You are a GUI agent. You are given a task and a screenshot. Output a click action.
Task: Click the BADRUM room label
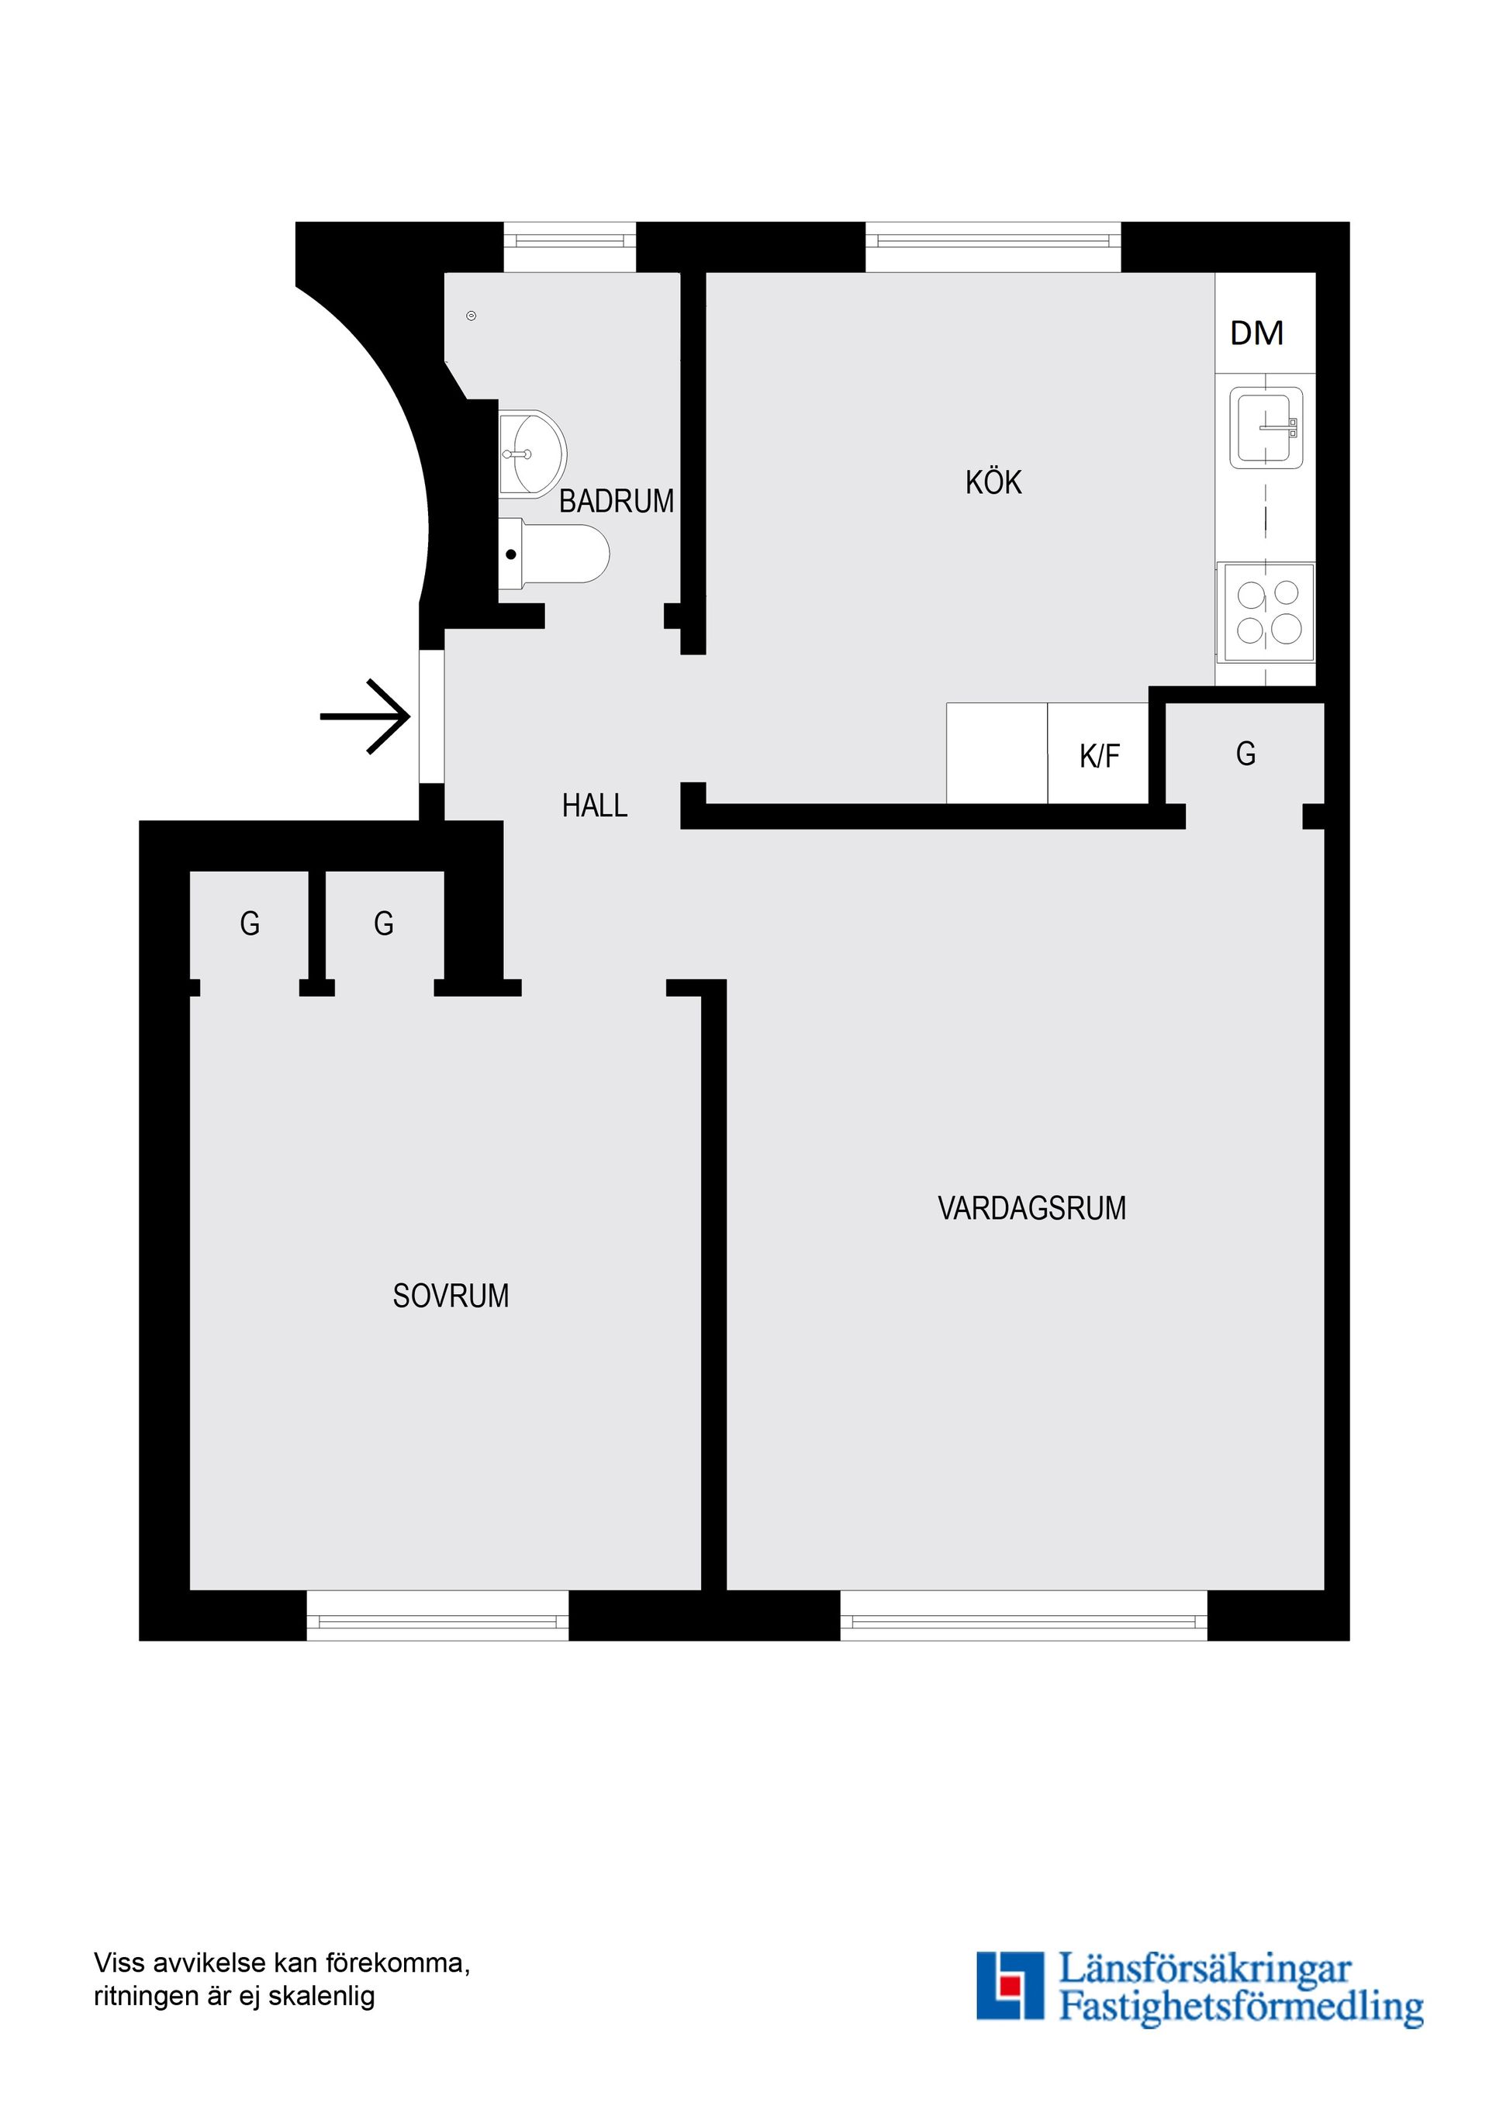616,501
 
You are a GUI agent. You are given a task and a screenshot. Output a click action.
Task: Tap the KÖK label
993,482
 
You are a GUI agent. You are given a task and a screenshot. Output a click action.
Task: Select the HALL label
595,806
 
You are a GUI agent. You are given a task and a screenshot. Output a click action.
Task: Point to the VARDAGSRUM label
1031,1208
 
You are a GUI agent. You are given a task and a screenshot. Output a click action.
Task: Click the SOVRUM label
451,1295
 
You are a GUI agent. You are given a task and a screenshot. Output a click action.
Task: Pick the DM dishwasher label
1256,333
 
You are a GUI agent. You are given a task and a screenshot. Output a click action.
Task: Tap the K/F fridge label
1099,756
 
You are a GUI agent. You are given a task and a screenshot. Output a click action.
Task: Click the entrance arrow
365,716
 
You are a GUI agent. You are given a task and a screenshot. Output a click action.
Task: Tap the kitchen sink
1266,427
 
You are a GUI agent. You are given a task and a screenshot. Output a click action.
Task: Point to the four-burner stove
1267,612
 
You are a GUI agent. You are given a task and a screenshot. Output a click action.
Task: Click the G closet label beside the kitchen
1245,754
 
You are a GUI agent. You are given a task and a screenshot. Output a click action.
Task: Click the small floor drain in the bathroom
472,316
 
